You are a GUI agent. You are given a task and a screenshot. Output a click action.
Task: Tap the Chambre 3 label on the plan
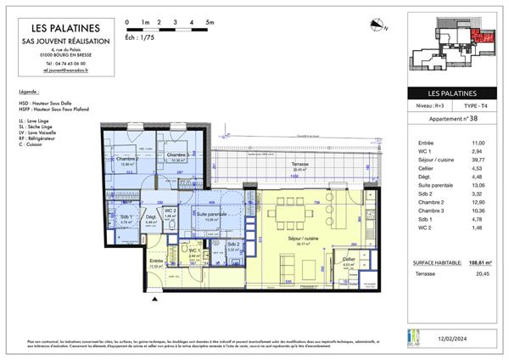[176, 155]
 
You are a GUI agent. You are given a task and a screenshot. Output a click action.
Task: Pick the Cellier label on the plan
[349, 258]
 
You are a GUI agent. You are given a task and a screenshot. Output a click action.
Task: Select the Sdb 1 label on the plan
[127, 219]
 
